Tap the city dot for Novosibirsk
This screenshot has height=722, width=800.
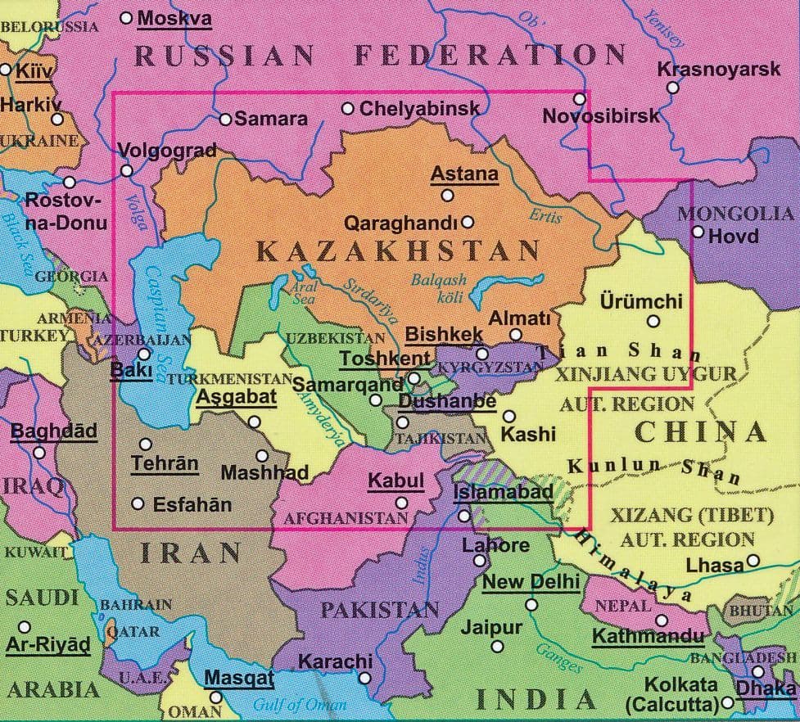[x=580, y=98]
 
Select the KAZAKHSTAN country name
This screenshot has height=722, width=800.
[x=399, y=250]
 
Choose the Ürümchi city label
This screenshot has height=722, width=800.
[x=640, y=301]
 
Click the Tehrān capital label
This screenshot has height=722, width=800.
[x=165, y=463]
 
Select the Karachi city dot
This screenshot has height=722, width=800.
[x=364, y=679]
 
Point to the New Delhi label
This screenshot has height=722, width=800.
[x=531, y=582]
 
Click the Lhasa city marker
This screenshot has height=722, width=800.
[x=753, y=562]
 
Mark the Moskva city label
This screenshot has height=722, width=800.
[x=174, y=18]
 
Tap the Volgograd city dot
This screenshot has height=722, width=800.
[x=126, y=170]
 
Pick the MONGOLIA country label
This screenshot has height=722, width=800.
[x=735, y=214]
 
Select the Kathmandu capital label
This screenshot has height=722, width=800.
[x=648, y=636]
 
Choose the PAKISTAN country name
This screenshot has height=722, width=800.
[x=379, y=610]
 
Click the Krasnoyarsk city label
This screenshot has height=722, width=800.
[x=719, y=70]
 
